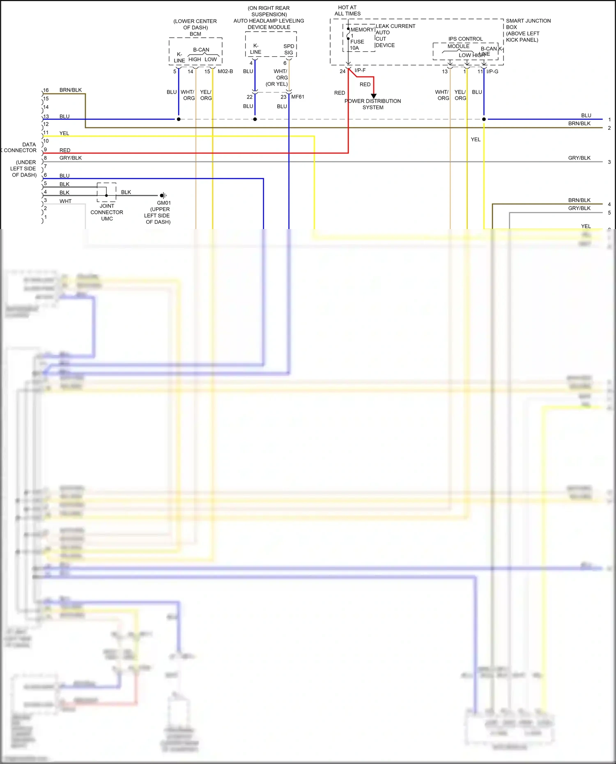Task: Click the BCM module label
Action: pos(195,34)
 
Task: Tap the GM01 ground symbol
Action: pos(163,195)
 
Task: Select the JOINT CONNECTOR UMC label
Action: pos(107,212)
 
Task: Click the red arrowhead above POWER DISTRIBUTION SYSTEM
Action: pos(374,96)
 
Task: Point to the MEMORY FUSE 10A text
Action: pos(357,39)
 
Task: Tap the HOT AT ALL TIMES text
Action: pos(347,11)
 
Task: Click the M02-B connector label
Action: pos(225,71)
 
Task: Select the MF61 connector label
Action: pos(298,97)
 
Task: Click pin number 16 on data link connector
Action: pos(46,90)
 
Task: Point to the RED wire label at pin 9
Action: pos(65,150)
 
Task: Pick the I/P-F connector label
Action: pos(360,71)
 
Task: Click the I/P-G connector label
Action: pos(492,71)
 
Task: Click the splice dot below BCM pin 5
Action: pos(179,119)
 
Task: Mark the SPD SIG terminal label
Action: pos(289,49)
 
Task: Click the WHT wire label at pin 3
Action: pos(65,201)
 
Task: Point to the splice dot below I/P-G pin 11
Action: pos(484,119)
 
